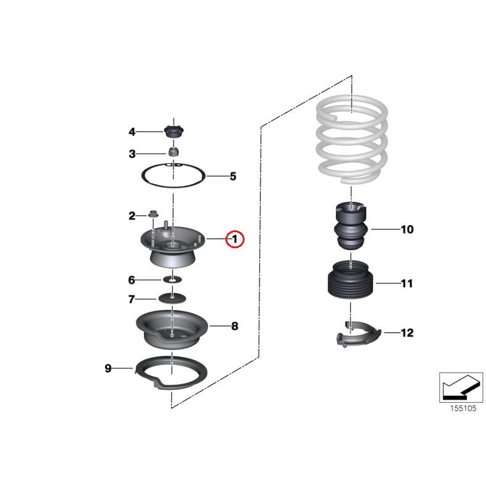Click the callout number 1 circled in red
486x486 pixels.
(235, 239)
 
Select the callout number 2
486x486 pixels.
(132, 216)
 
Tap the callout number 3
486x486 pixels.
(132, 154)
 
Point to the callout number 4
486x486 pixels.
(132, 132)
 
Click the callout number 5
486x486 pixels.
(233, 177)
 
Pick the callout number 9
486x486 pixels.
(108, 369)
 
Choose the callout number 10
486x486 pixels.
(406, 230)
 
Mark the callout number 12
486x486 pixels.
(406, 333)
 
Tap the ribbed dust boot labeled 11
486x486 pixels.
(350, 284)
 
